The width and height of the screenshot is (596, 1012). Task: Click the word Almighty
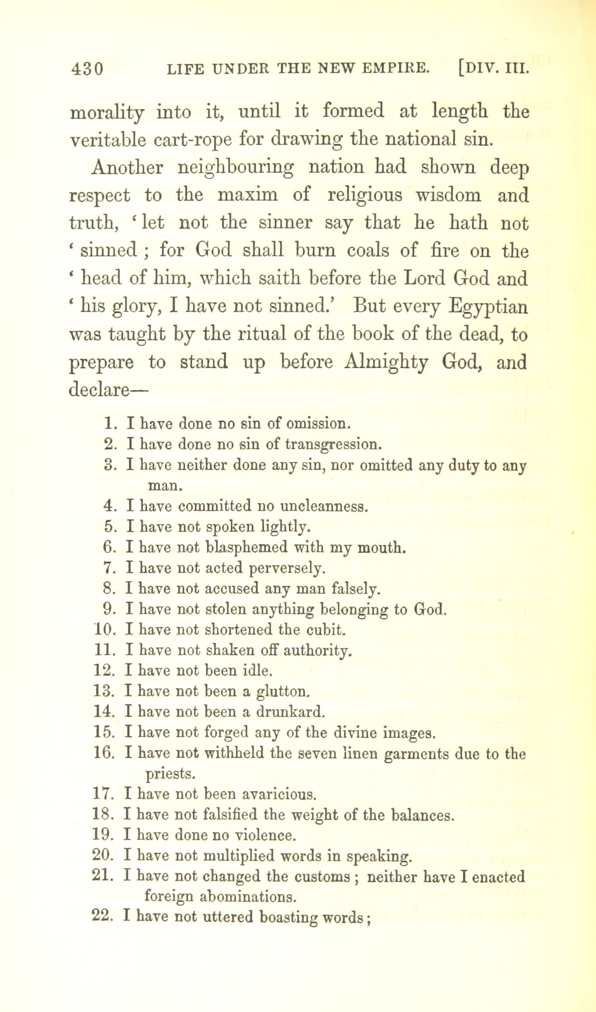tap(386, 362)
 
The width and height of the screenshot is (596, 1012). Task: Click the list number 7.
tap(109, 568)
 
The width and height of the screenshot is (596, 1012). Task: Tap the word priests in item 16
tap(171, 774)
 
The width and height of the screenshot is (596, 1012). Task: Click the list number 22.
tap(104, 916)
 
